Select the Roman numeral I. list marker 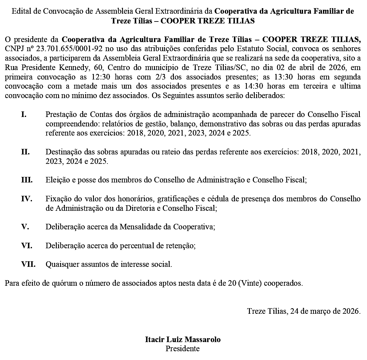23,114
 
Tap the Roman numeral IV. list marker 26,198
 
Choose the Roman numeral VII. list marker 28,264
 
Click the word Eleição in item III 57,180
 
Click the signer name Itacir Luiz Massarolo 183,339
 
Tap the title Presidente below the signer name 183,349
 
